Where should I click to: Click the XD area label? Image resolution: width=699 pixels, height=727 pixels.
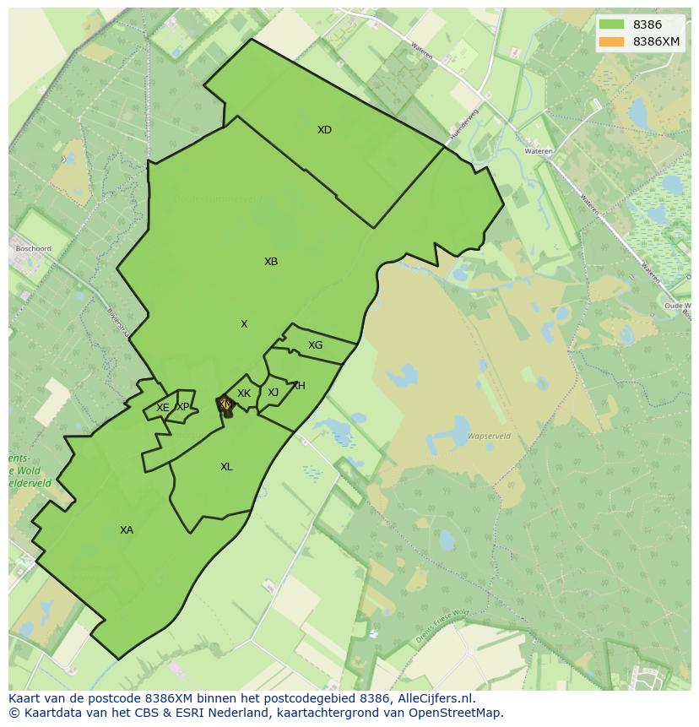(x=324, y=130)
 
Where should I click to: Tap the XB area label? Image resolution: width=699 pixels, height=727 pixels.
(x=270, y=262)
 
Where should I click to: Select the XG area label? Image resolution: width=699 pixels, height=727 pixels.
(x=315, y=345)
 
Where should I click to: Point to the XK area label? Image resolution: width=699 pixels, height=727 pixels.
(x=244, y=393)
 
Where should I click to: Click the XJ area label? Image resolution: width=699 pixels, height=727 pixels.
(x=273, y=393)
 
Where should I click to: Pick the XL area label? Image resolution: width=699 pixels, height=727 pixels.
(x=226, y=467)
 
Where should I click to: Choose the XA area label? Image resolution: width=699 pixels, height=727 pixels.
(x=126, y=530)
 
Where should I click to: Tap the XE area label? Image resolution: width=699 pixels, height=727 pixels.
(x=163, y=408)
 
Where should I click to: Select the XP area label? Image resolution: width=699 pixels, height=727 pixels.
(x=182, y=407)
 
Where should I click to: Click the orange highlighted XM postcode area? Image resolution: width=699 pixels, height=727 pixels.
(x=225, y=405)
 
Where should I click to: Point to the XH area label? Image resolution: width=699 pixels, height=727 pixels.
(x=298, y=386)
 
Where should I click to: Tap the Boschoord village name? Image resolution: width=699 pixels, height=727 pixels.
(x=34, y=249)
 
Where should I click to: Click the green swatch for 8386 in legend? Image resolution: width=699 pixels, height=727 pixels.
(x=611, y=25)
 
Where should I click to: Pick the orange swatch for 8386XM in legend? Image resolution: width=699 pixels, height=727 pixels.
(x=611, y=41)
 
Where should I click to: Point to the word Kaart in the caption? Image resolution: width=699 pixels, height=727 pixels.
(x=26, y=699)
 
